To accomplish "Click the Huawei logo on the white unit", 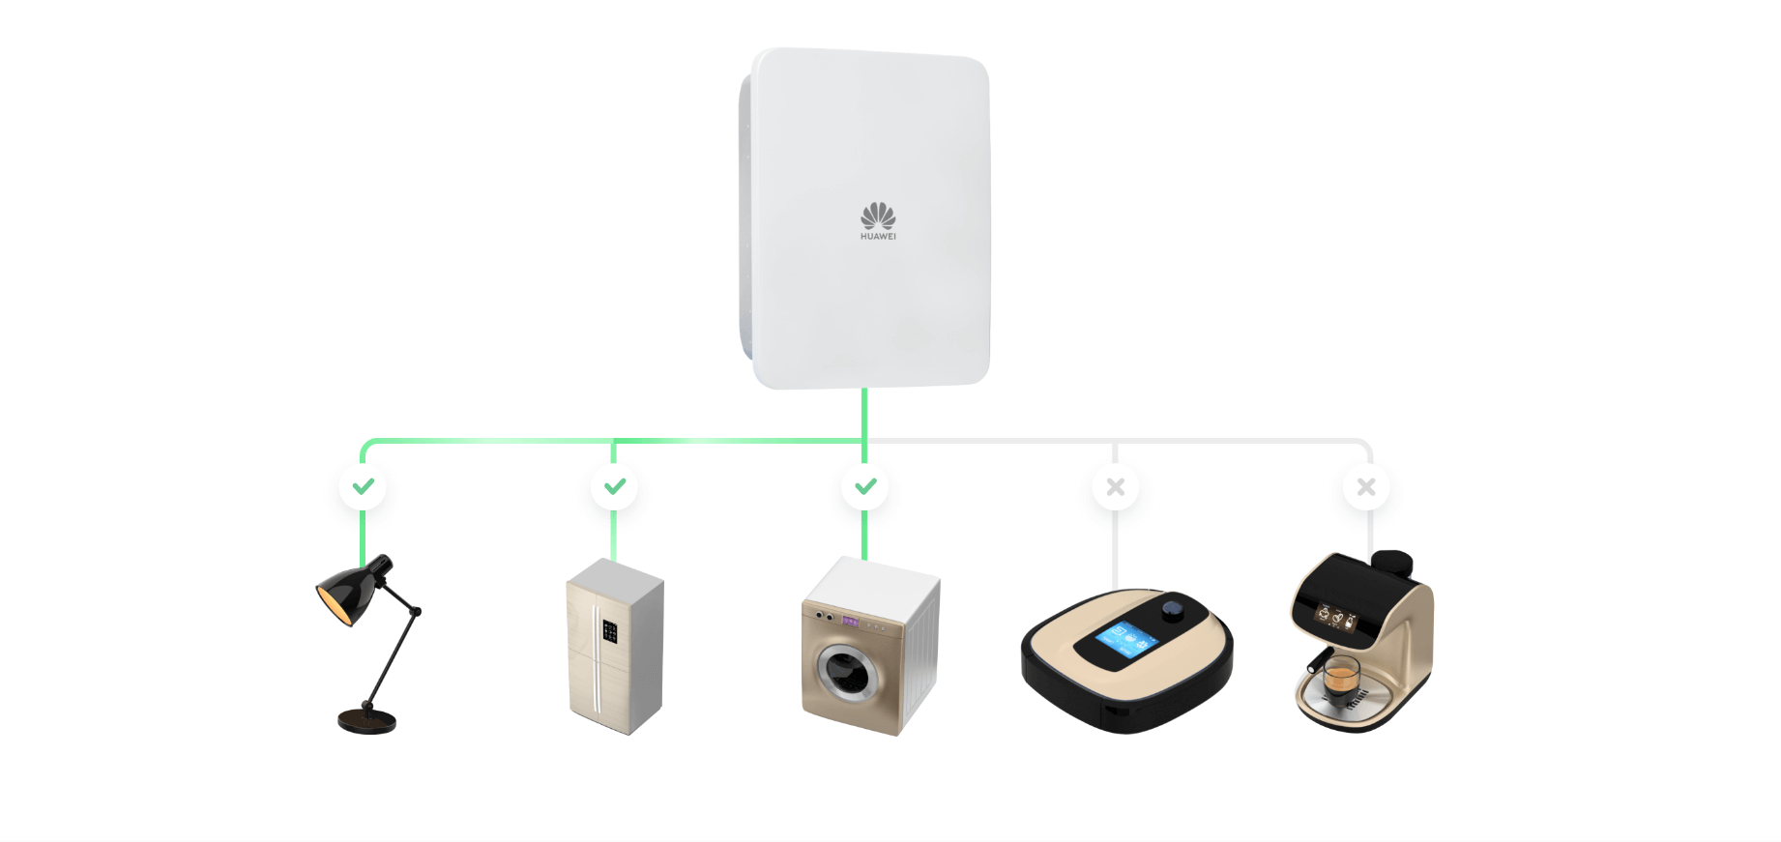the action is click(x=878, y=221).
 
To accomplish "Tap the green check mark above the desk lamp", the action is click(x=363, y=486).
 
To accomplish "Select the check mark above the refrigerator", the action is click(x=614, y=486).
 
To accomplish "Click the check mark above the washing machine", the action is click(x=865, y=486).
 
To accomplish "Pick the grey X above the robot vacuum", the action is click(x=1116, y=487).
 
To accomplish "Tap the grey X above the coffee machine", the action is click(x=1366, y=487).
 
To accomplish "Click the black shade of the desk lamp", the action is click(x=350, y=590).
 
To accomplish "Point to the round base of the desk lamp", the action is click(x=366, y=720).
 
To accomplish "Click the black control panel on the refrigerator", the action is click(x=610, y=631).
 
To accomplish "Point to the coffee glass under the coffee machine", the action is click(x=1340, y=675).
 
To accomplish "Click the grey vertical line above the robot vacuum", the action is click(x=1115, y=548).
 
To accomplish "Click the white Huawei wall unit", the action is click(x=864, y=218).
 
